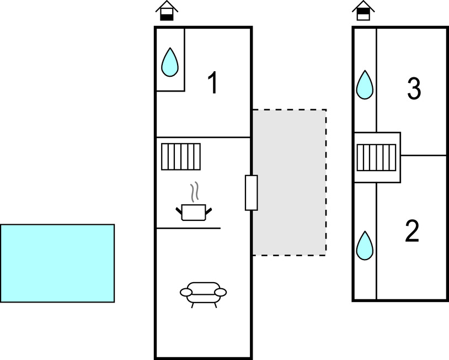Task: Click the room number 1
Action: tap(212, 83)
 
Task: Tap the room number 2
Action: tap(412, 232)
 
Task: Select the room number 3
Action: tap(414, 89)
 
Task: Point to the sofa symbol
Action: tap(204, 293)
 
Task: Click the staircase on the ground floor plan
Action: tap(181, 156)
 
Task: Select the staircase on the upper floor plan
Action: tap(376, 157)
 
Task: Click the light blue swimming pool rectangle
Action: tap(57, 263)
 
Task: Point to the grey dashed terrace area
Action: tap(290, 182)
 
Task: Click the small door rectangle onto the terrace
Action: tap(251, 193)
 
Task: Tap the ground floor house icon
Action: tap(167, 10)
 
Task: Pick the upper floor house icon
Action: tap(363, 10)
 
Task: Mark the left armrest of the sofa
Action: tap(186, 292)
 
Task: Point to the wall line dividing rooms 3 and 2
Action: tap(424, 156)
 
